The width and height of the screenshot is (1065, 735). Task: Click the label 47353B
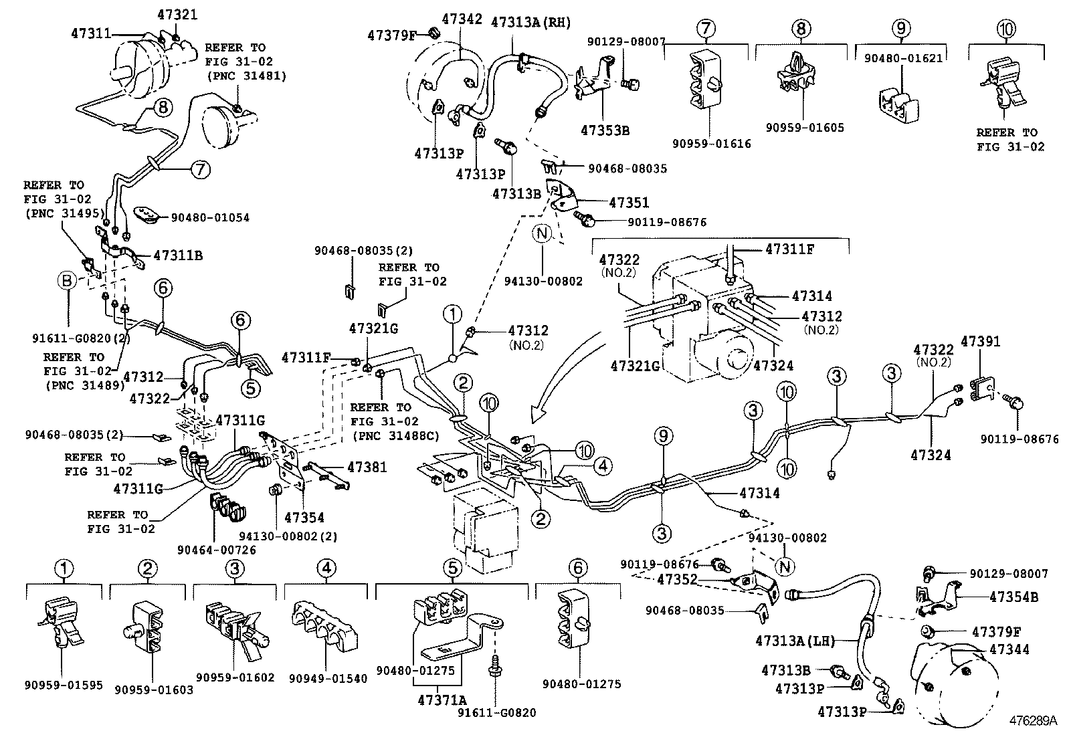[605, 130]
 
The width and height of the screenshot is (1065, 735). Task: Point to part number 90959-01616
[712, 143]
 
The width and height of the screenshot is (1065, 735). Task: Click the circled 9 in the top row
[902, 28]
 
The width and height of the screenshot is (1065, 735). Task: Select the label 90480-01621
[902, 58]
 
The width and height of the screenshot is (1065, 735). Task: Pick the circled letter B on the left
[68, 282]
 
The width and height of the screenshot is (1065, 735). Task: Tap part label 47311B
[178, 255]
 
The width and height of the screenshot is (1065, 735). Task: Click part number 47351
[628, 203]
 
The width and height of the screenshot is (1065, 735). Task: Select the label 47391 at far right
[980, 342]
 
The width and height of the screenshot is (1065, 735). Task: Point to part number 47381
[367, 467]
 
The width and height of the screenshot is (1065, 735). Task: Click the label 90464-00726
[216, 550]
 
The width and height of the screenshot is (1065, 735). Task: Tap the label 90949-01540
[328, 678]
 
